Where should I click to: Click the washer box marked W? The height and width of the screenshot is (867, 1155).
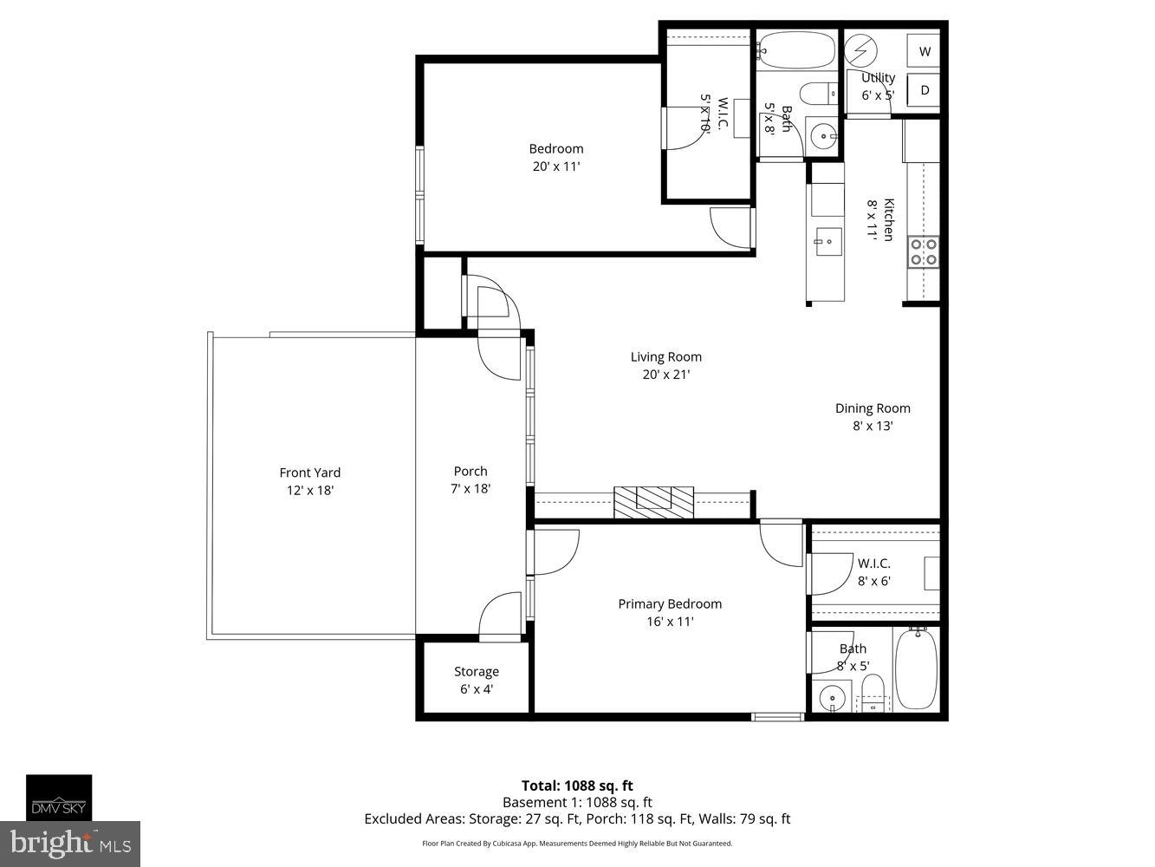pyautogui.click(x=924, y=51)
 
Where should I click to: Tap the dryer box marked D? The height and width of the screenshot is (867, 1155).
pyautogui.click(x=924, y=90)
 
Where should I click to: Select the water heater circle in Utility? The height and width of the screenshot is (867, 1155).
pyautogui.click(x=861, y=51)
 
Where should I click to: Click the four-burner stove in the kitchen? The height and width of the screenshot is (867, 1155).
pyautogui.click(x=922, y=251)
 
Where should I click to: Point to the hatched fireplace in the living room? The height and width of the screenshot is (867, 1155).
pyautogui.click(x=654, y=502)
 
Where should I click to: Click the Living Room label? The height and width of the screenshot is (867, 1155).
pyautogui.click(x=665, y=356)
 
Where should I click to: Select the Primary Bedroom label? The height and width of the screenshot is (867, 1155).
pyautogui.click(x=669, y=603)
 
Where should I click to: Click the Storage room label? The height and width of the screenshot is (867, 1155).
pyautogui.click(x=476, y=671)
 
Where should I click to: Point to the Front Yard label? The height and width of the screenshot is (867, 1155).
pyautogui.click(x=309, y=473)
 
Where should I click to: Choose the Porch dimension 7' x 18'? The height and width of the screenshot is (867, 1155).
pyautogui.click(x=470, y=488)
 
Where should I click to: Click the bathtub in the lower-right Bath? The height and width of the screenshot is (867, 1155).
pyautogui.click(x=915, y=668)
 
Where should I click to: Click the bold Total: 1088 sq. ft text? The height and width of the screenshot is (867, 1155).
pyautogui.click(x=577, y=786)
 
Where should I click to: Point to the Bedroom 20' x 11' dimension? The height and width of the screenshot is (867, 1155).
pyautogui.click(x=555, y=166)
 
